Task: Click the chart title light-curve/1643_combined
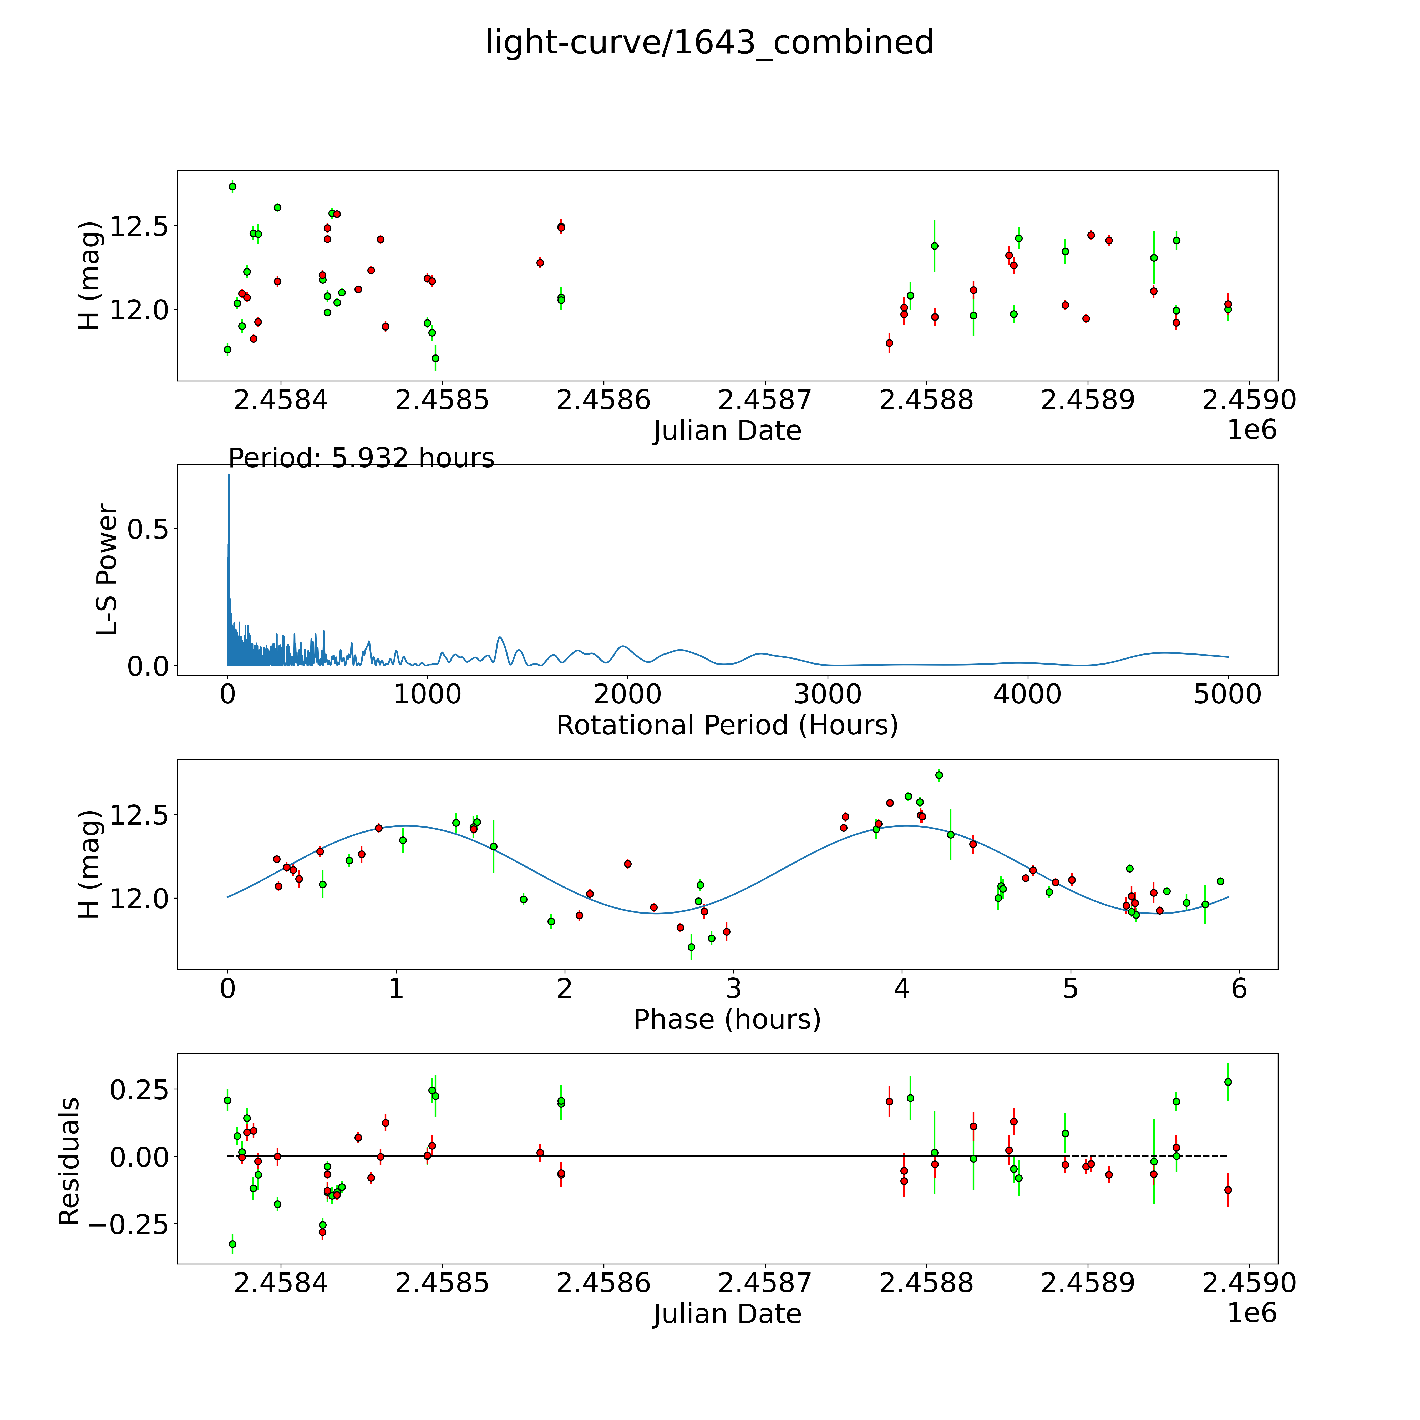coord(709,43)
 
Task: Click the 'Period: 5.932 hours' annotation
coord(361,458)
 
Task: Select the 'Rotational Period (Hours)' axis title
coord(727,726)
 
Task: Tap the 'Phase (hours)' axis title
coord(727,1020)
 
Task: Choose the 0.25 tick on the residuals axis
coord(144,1089)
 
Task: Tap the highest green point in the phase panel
coord(939,775)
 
